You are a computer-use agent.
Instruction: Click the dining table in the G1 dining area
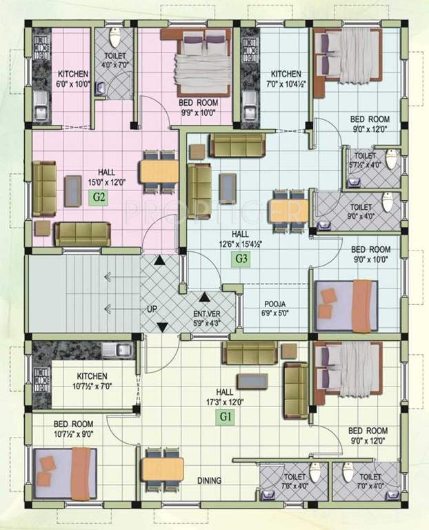pos(163,470)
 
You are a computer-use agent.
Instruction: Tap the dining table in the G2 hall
pos(156,170)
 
